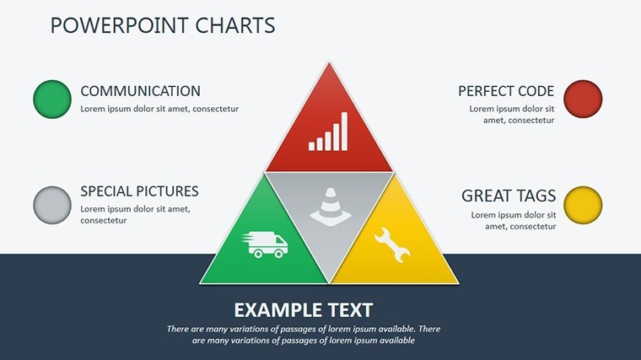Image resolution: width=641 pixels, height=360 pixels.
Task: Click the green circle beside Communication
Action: pos(52,99)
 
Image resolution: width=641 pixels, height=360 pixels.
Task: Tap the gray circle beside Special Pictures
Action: pos(52,205)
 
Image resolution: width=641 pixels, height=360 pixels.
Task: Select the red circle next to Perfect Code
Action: pos(583,99)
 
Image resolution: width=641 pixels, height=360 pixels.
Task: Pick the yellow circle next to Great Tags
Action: pos(583,205)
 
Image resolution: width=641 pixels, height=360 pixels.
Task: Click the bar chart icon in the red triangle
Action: pos(328,132)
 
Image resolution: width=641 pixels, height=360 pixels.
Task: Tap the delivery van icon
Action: pos(265,244)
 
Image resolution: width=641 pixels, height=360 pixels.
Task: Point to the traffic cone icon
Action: pos(331,207)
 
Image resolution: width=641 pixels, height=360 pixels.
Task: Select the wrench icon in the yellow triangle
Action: pos(391,244)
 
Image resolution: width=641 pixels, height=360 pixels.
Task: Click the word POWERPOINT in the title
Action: pos(120,25)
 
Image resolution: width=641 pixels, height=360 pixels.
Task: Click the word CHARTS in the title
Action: pos(235,25)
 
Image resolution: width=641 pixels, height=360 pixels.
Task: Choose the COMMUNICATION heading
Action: pos(140,91)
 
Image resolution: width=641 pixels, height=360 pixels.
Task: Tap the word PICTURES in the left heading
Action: pos(168,191)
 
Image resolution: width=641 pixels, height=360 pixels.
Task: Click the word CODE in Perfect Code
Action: pos(536,91)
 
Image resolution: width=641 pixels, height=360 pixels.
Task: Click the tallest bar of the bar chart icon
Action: pos(344,132)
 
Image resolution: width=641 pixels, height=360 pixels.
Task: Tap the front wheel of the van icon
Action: pos(279,254)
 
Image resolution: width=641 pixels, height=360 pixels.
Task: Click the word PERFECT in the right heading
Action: pos(485,91)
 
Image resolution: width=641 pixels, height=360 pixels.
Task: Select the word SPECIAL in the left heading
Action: pos(106,191)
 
